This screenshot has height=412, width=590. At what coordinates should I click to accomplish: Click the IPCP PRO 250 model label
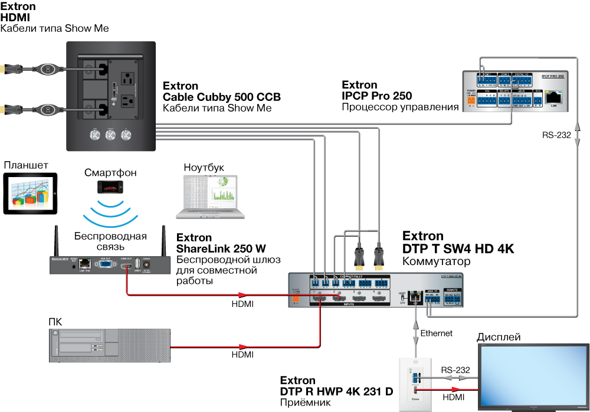click(x=553, y=77)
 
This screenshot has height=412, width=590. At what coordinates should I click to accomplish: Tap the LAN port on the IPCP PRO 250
click(x=553, y=98)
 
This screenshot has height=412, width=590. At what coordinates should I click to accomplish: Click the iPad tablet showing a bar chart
click(x=30, y=193)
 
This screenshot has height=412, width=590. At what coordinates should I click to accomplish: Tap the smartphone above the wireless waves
click(x=110, y=186)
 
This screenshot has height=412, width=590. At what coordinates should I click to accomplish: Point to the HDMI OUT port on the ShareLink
click(x=126, y=267)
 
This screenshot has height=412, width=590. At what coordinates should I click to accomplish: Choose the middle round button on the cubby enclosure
click(x=110, y=136)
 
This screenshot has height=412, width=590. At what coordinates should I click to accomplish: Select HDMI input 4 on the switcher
click(x=376, y=298)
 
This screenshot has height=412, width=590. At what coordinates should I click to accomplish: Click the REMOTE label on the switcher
click(x=453, y=290)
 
